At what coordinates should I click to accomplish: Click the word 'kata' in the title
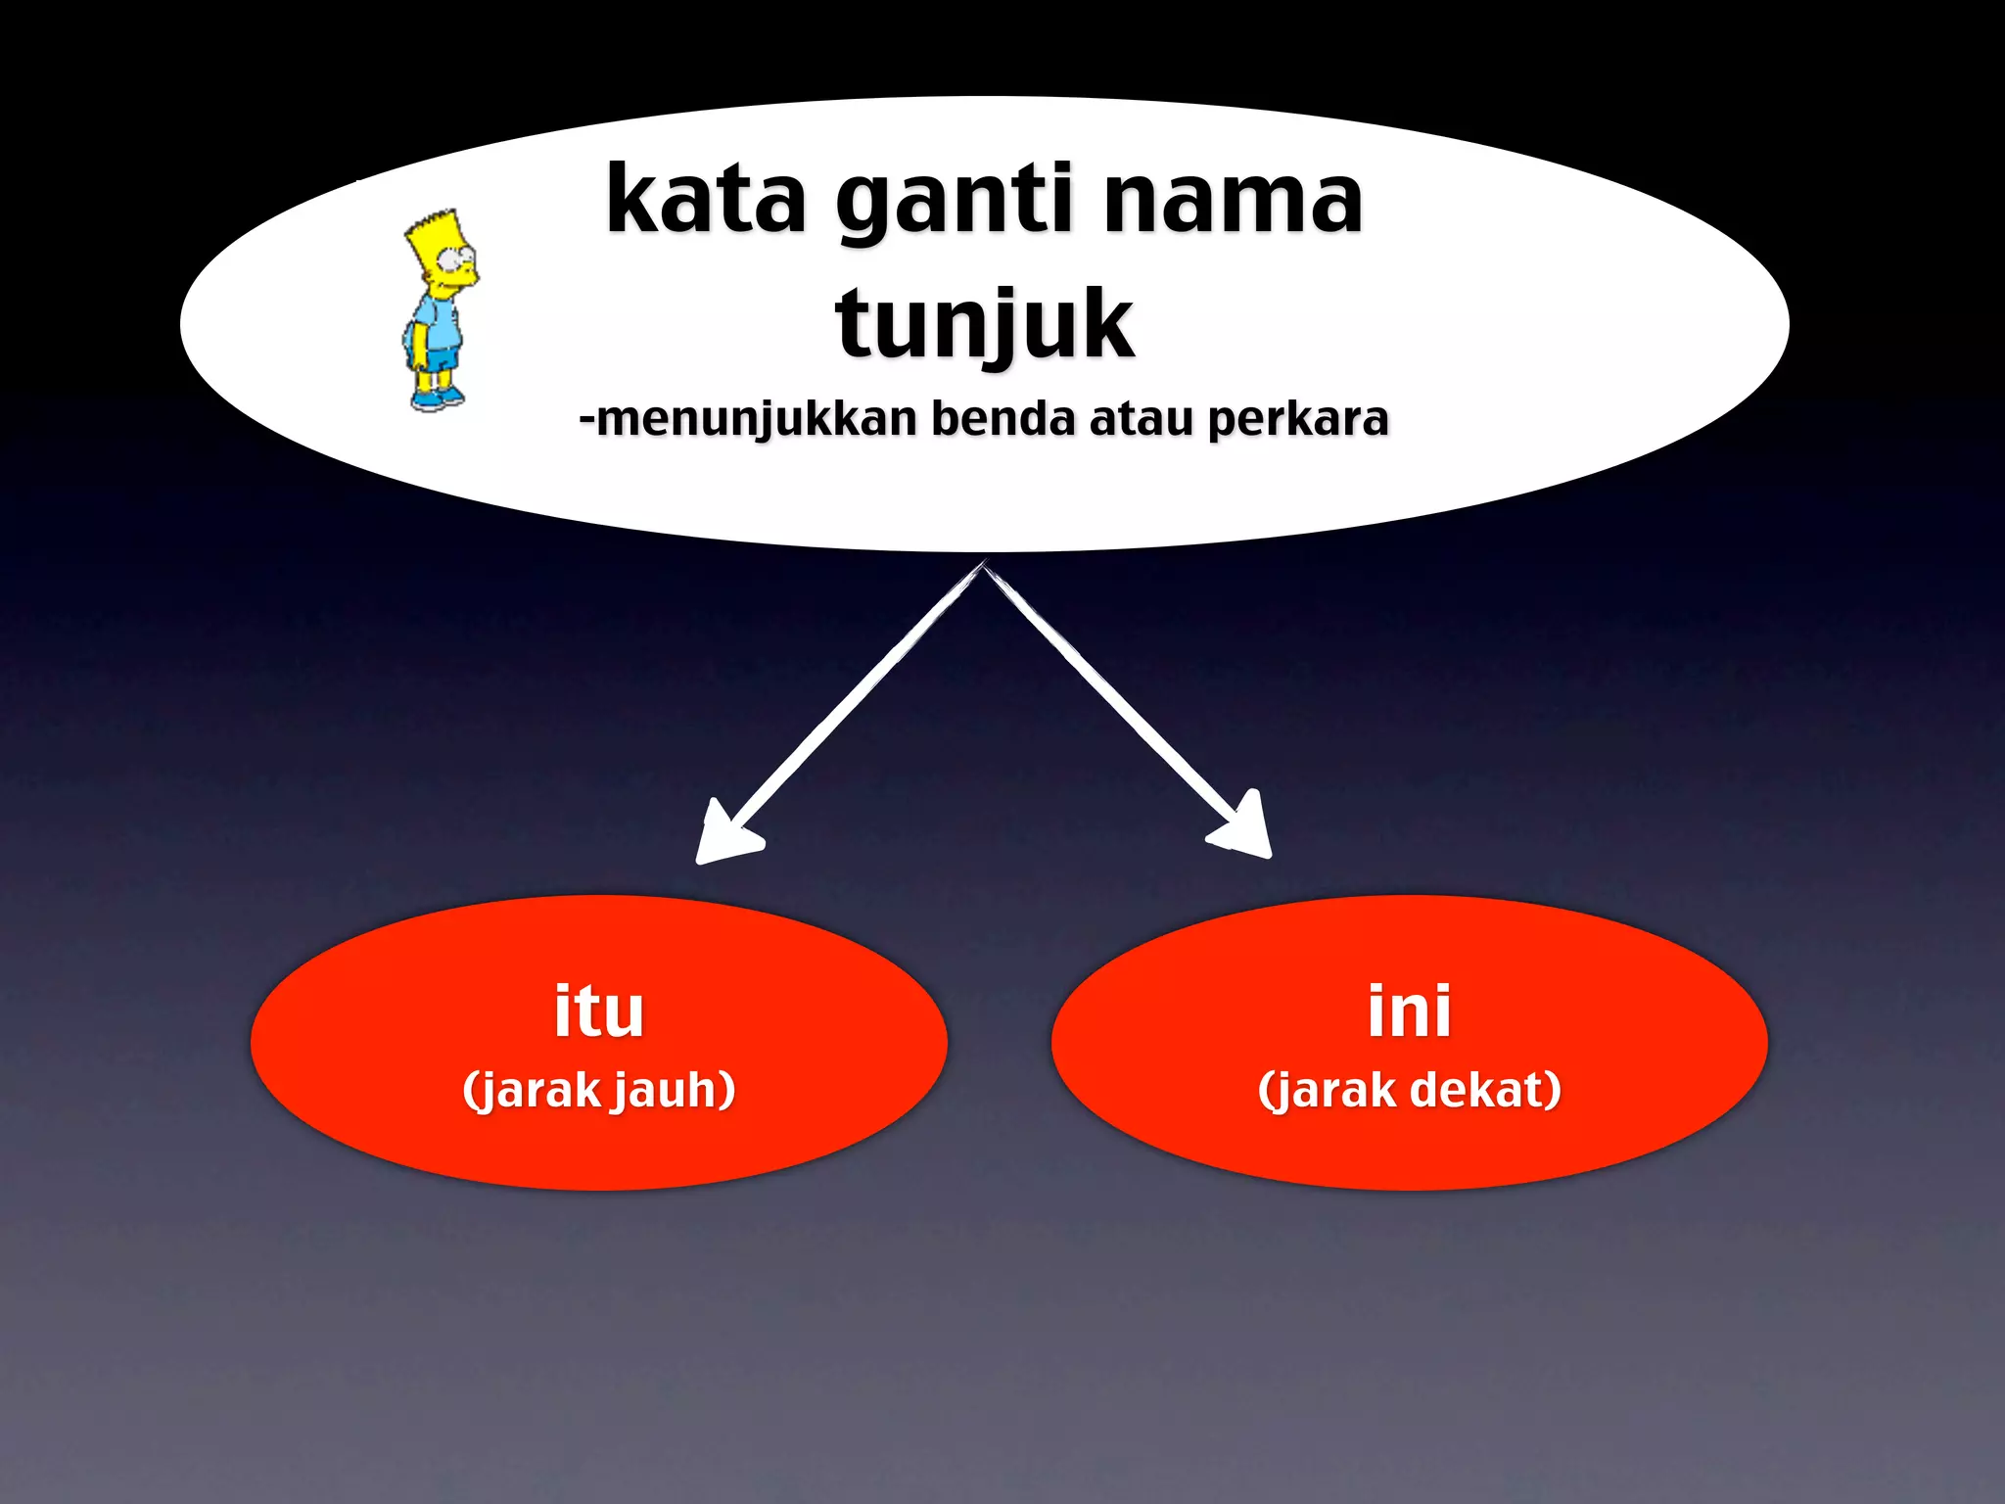tap(705, 201)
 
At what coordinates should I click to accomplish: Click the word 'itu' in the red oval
tap(598, 1010)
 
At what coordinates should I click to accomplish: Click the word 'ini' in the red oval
tap(1409, 1010)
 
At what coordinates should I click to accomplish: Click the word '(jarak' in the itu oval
tap(533, 1091)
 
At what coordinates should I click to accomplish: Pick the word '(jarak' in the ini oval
tap(1328, 1089)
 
